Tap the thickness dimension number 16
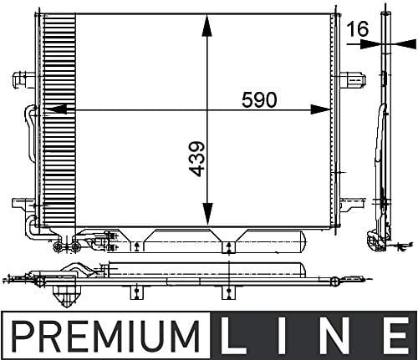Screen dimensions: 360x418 [x=357, y=29]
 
